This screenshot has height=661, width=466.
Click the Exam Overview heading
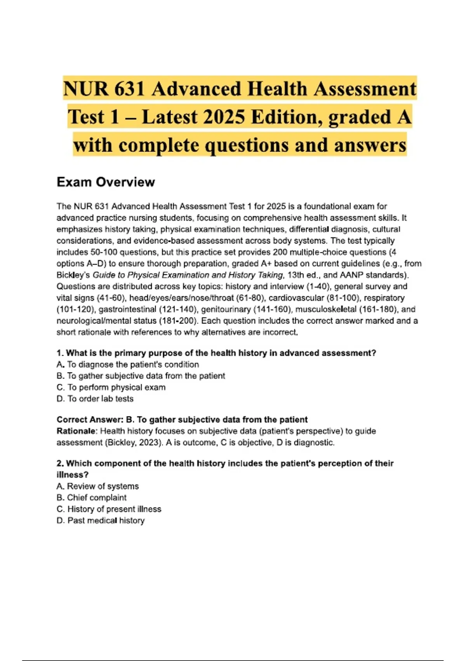tap(106, 182)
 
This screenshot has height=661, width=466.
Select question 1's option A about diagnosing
tap(128, 365)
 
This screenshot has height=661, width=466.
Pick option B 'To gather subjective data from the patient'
tap(141, 376)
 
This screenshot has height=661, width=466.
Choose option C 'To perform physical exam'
tap(111, 387)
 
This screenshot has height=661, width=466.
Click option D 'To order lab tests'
tap(95, 399)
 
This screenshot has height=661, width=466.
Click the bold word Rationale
tap(76, 431)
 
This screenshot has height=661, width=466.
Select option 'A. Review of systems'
tap(97, 486)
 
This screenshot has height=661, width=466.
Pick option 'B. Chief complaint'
tap(92, 498)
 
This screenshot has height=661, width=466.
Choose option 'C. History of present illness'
tap(109, 509)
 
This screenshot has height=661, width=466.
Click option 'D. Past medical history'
tap(101, 521)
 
